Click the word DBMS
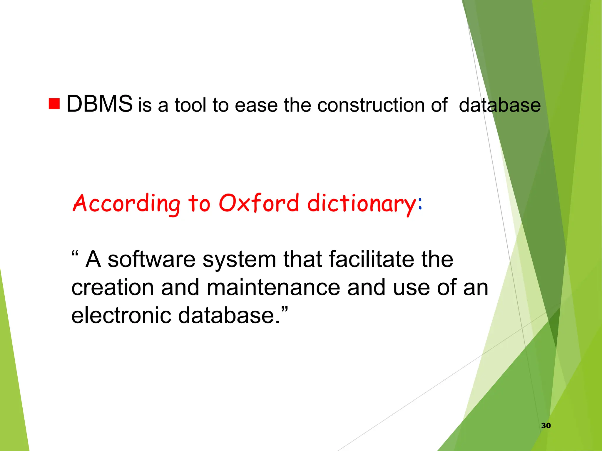99,104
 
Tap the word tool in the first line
190,105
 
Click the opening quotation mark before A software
75,253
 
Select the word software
151,260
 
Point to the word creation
113,288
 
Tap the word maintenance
273,288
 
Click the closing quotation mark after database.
284,309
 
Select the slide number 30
546,425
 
